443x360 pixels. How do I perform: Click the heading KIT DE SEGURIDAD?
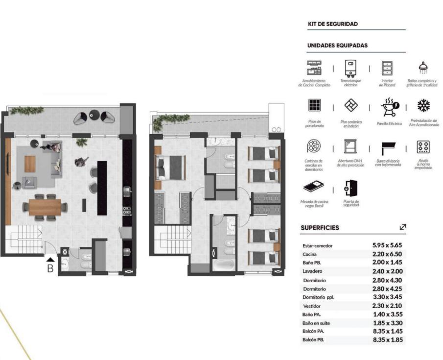pyautogui.click(x=333, y=24)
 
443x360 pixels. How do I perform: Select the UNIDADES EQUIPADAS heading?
pyautogui.click(x=337, y=46)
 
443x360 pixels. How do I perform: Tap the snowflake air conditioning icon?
pyautogui.click(x=423, y=105)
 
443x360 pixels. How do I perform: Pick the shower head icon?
pyautogui.click(x=423, y=68)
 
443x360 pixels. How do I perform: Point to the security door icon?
pyautogui.click(x=350, y=188)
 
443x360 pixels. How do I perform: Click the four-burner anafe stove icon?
pyautogui.click(x=423, y=147)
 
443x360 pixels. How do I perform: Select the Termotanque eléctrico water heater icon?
pyautogui.click(x=350, y=69)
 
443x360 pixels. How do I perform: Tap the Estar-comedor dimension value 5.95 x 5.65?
pyautogui.click(x=387, y=245)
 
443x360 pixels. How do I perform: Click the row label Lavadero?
pyautogui.click(x=312, y=271)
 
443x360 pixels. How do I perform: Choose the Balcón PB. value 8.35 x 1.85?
pyautogui.click(x=388, y=339)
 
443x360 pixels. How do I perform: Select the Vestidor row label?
pyautogui.click(x=312, y=306)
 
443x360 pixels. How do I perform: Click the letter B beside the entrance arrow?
pyautogui.click(x=50, y=268)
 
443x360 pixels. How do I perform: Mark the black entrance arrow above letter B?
pyautogui.click(x=50, y=260)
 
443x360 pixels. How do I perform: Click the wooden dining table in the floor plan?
pyautogui.click(x=45, y=207)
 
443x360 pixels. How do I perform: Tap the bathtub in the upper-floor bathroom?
pyautogui.click(x=224, y=265)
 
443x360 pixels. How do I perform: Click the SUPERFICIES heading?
pyautogui.click(x=320, y=228)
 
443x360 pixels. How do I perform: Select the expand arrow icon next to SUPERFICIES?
pyautogui.click(x=402, y=227)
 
